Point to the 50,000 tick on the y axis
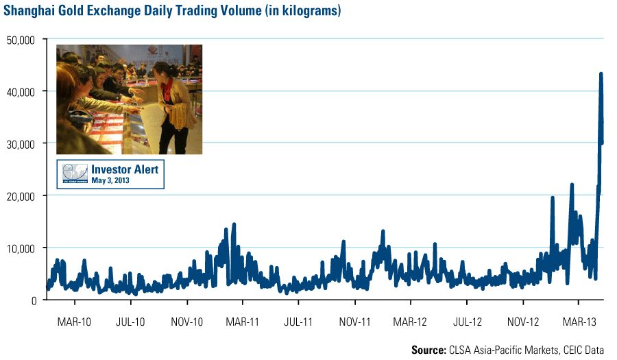pos(21,39)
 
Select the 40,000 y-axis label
pos(21,91)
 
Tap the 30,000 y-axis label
pos(21,143)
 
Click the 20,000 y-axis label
pos(21,195)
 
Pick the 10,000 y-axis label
pos(21,248)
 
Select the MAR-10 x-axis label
pos(75,321)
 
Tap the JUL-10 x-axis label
pos(130,321)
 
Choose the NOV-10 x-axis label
pos(186,321)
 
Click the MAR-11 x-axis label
pos(243,321)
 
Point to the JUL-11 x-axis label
pos(298,321)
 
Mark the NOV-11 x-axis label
pos(354,321)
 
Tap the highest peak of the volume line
pos(601,74)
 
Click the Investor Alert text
pos(124,169)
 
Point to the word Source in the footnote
pos(428,350)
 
